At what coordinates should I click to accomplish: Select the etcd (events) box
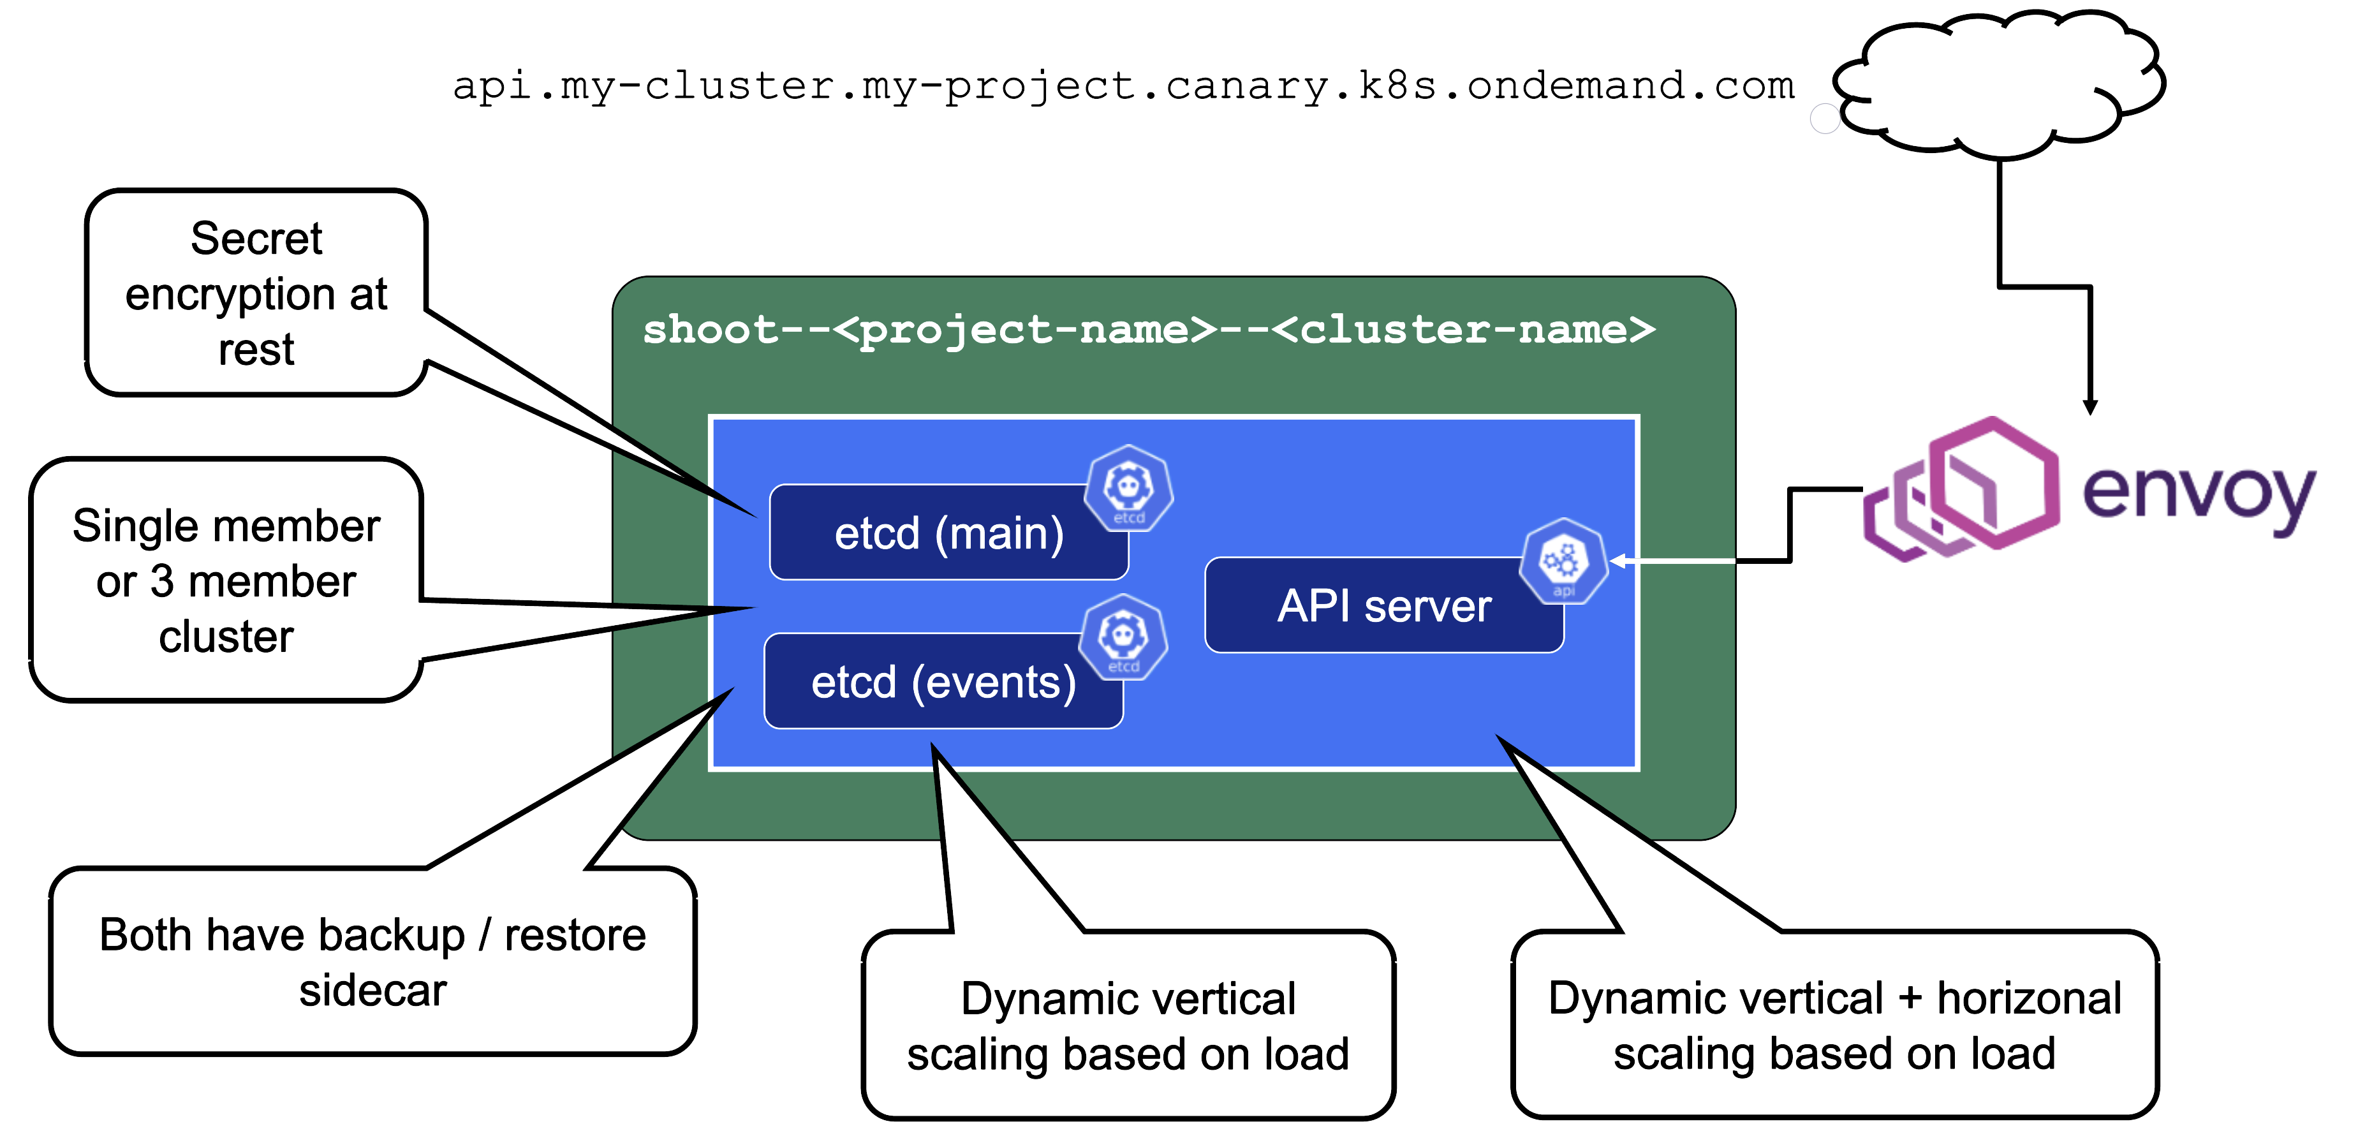pyautogui.click(x=943, y=683)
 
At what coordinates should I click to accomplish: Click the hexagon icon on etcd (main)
pyautogui.click(x=1129, y=489)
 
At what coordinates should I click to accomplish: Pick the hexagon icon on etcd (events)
pyautogui.click(x=1123, y=638)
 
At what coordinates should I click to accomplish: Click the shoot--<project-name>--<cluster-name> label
pyautogui.click(x=1149, y=330)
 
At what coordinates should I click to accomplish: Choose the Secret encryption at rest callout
pyautogui.click(x=256, y=293)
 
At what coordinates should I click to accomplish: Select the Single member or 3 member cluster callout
pyautogui.click(x=226, y=581)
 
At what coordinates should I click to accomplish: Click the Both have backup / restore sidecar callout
pyautogui.click(x=372, y=961)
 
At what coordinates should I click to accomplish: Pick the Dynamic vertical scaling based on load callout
pyautogui.click(x=1128, y=1025)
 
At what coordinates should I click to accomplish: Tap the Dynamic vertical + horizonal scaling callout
pyautogui.click(x=1834, y=1025)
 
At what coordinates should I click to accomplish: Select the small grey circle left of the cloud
pyautogui.click(x=1824, y=119)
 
